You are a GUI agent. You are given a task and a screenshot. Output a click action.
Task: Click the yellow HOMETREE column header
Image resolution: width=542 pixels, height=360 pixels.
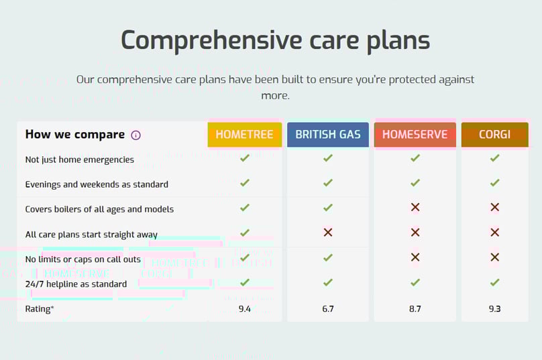coord(245,134)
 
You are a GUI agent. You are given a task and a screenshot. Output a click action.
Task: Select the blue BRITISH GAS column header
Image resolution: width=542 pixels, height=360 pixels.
coord(328,134)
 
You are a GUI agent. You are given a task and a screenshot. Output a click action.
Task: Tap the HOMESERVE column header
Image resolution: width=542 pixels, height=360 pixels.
coord(415,134)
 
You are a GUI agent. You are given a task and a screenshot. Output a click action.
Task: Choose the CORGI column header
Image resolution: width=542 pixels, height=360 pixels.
coord(494,134)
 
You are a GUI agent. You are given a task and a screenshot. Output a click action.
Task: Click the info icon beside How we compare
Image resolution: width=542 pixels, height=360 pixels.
coord(136,135)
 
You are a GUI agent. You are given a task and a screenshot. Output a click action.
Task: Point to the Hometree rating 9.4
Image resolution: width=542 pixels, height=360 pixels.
coord(245,309)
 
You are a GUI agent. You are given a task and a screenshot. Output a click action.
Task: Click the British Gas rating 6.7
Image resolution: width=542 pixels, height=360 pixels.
coord(328,309)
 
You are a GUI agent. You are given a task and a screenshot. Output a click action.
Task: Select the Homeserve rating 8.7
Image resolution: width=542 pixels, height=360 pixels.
coord(415,309)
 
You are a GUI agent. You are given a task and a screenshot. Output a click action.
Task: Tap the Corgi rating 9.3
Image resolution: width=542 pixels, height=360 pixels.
coord(494,309)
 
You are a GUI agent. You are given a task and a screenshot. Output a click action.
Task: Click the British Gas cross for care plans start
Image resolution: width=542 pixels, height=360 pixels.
coord(328,232)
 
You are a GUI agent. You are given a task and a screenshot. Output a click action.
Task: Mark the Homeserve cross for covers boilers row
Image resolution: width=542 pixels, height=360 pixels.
coord(415,207)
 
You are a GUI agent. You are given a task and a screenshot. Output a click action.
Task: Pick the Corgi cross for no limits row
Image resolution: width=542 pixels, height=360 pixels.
coord(494,257)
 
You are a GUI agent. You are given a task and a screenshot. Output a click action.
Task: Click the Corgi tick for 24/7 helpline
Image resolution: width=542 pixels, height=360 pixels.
coord(494,282)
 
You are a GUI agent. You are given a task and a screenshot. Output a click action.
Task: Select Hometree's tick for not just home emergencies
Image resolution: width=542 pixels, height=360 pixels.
coord(245,158)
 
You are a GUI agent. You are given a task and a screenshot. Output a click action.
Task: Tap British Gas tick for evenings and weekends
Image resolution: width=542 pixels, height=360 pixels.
coord(328,182)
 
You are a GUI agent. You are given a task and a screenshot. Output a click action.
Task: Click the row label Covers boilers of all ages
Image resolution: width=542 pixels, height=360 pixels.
coord(99,209)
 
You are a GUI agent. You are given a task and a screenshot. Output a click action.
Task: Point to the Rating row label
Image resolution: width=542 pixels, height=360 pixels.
coord(40,309)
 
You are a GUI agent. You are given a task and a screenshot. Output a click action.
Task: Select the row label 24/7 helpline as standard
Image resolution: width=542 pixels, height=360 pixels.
coord(76,284)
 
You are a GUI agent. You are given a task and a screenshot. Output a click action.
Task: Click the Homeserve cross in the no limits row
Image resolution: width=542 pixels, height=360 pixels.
coord(415,257)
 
